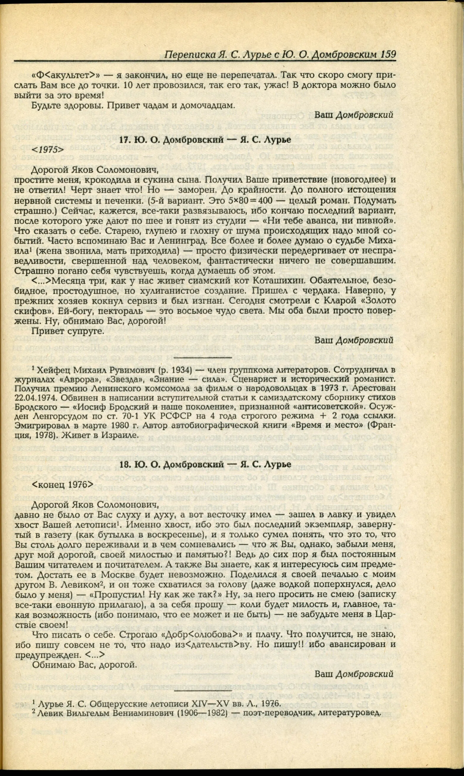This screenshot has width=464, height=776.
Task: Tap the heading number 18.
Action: click(x=125, y=464)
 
